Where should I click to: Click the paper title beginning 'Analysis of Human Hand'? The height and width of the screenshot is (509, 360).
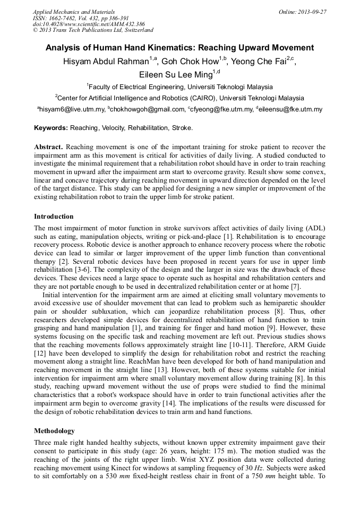pos(179,48)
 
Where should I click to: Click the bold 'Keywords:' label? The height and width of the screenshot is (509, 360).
pos(51,128)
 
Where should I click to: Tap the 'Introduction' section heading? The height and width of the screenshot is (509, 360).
pos(54,217)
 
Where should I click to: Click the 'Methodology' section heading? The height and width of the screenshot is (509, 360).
pos(54,430)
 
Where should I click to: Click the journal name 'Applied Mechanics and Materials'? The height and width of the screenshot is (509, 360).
pos(73,11)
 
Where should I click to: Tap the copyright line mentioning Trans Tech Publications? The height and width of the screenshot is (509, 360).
pos(93,30)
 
